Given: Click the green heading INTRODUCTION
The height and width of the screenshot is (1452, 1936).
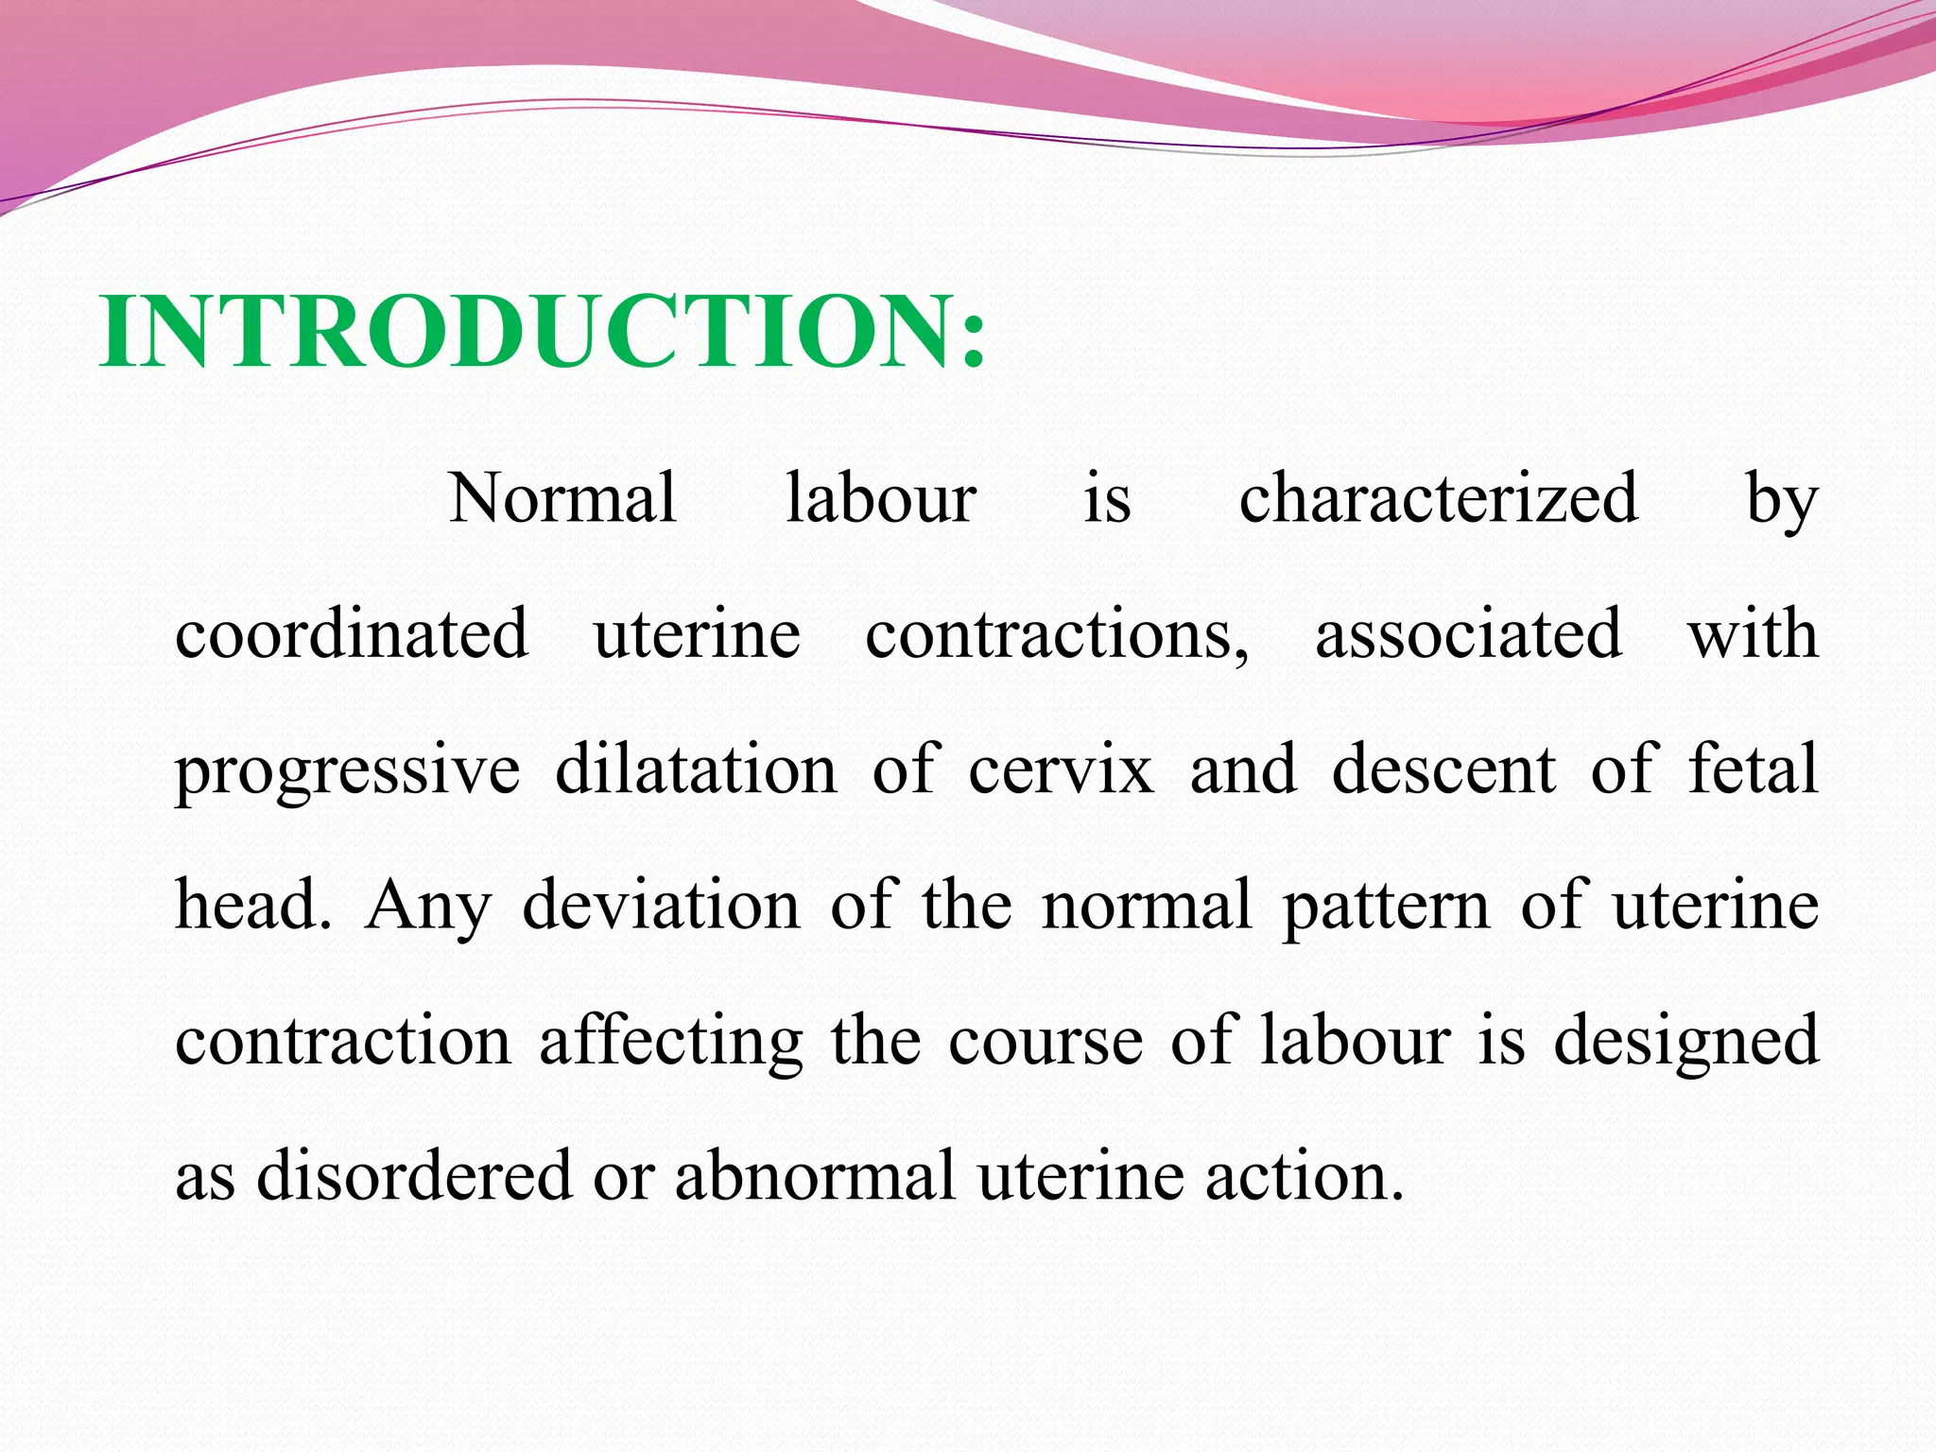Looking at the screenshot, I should pos(543,332).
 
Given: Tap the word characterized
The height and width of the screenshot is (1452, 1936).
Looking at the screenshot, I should pos(1438,498).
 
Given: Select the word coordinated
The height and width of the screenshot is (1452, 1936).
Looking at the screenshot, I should pos(351,633).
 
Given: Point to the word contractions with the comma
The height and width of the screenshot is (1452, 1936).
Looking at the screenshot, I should pos(1057,633).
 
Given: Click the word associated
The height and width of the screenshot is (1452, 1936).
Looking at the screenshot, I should pos(1468,633).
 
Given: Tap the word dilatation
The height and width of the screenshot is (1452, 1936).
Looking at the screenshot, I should pos(696,769).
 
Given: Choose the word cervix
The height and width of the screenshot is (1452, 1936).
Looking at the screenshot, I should pos(1061,770).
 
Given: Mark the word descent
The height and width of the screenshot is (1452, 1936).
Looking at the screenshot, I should pos(1443,769).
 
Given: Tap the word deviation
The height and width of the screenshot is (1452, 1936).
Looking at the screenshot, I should pos(661,905).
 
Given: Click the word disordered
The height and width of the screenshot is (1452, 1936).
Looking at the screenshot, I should pos(414,1176).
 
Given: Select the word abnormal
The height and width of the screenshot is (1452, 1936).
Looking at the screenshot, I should pos(814,1176).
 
